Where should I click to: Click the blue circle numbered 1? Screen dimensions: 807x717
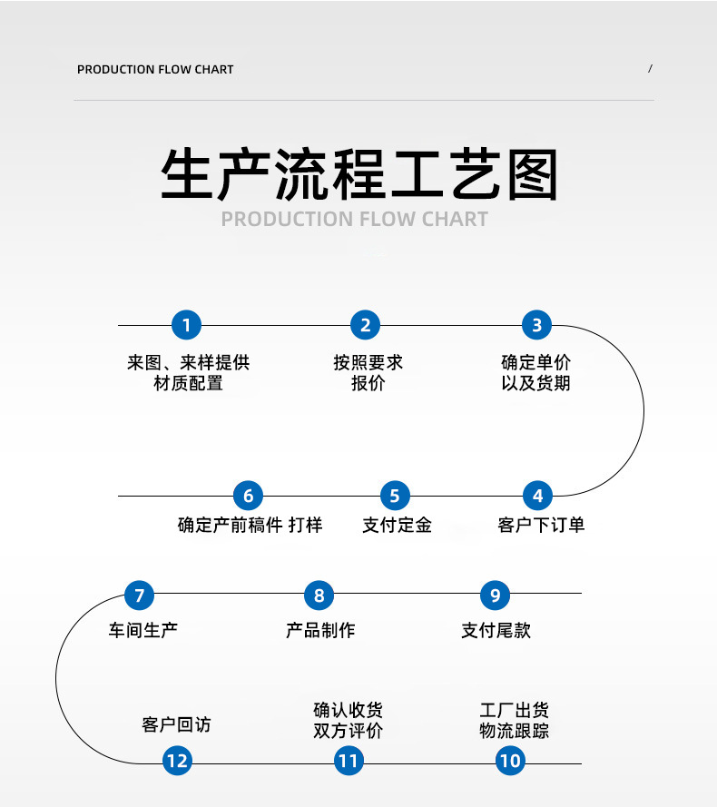click(186, 325)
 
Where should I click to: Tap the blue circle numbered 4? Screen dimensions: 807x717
click(537, 496)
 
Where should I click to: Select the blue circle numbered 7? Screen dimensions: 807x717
click(139, 595)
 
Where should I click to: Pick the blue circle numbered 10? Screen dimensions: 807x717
click(510, 760)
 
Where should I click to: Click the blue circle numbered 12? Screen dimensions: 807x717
click(178, 760)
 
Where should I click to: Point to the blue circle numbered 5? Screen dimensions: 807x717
click(394, 496)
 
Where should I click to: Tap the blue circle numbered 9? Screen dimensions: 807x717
click(495, 595)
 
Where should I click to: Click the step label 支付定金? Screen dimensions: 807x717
click(397, 525)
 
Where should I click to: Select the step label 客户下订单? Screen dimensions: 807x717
click(541, 525)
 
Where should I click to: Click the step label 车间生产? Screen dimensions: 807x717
click(143, 630)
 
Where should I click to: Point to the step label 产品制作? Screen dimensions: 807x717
click(319, 630)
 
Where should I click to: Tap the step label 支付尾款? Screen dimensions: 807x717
click(496, 630)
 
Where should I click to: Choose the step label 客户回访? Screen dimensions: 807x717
click(176, 724)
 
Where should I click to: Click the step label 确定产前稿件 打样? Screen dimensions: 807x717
click(250, 525)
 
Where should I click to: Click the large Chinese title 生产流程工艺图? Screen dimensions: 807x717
click(358, 175)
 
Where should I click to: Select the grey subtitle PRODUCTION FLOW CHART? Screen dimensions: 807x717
click(354, 219)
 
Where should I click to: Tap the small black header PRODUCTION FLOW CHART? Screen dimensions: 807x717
click(155, 70)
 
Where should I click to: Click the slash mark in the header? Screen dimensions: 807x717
click(650, 69)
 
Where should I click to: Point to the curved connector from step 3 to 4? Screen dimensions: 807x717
click(643, 410)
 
